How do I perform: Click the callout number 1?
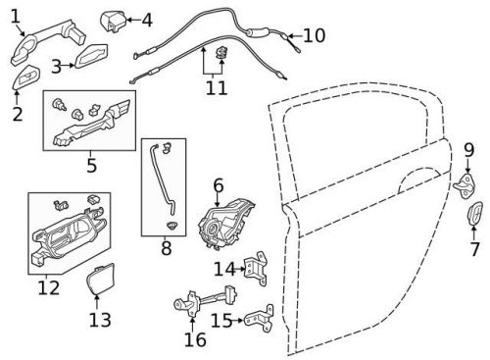pyautogui.click(x=13, y=16)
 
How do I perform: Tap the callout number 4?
pyautogui.click(x=147, y=19)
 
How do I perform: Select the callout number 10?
pyautogui.click(x=314, y=36)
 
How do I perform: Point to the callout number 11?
pyautogui.click(x=216, y=88)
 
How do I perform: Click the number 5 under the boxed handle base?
pyautogui.click(x=91, y=165)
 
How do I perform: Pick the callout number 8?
pyautogui.click(x=166, y=249)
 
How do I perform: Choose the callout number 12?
pyautogui.click(x=47, y=288)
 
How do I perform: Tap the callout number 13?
pyautogui.click(x=100, y=319)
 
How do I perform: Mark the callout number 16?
pyautogui.click(x=195, y=339)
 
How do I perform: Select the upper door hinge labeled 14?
pyautogui.click(x=258, y=265)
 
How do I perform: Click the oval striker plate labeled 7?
pyautogui.click(x=473, y=216)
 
